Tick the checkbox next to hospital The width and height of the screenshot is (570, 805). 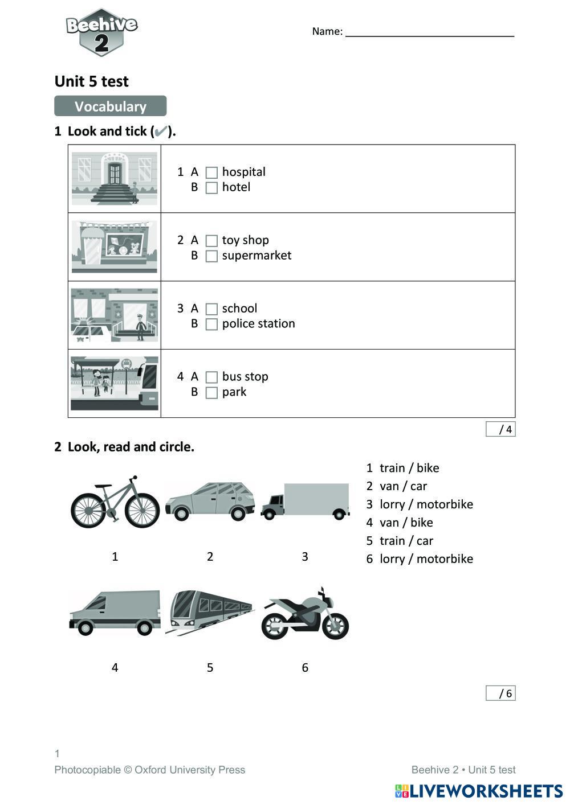[x=211, y=172]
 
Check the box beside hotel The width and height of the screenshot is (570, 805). [x=211, y=188]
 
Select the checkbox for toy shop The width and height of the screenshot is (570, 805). [x=211, y=241]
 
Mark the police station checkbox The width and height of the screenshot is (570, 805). [x=211, y=325]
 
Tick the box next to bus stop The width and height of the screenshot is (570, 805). [x=211, y=377]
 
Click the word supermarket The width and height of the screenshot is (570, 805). [x=256, y=256]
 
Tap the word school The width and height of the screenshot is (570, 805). [x=239, y=309]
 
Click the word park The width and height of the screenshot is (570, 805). [x=234, y=392]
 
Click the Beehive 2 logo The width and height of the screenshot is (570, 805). [x=101, y=32]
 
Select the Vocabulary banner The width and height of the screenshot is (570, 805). [x=111, y=106]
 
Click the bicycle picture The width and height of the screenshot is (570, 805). [x=115, y=502]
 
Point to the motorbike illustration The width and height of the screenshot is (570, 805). [x=305, y=615]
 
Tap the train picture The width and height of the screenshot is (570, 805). [x=210, y=613]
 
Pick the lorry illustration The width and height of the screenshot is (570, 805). [x=305, y=501]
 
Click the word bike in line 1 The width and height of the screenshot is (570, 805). [x=427, y=468]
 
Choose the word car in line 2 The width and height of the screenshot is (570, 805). [x=418, y=486]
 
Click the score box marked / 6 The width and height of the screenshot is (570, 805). [x=500, y=693]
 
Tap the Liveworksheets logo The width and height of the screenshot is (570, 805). [x=479, y=791]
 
